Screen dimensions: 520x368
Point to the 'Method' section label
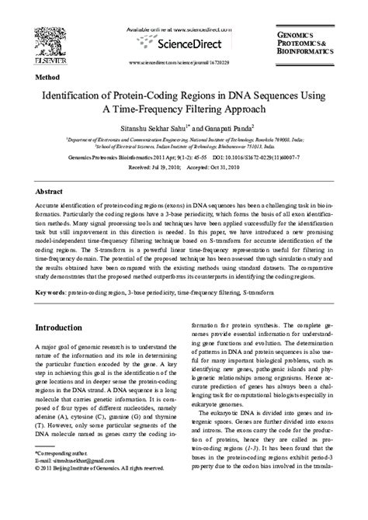48,79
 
